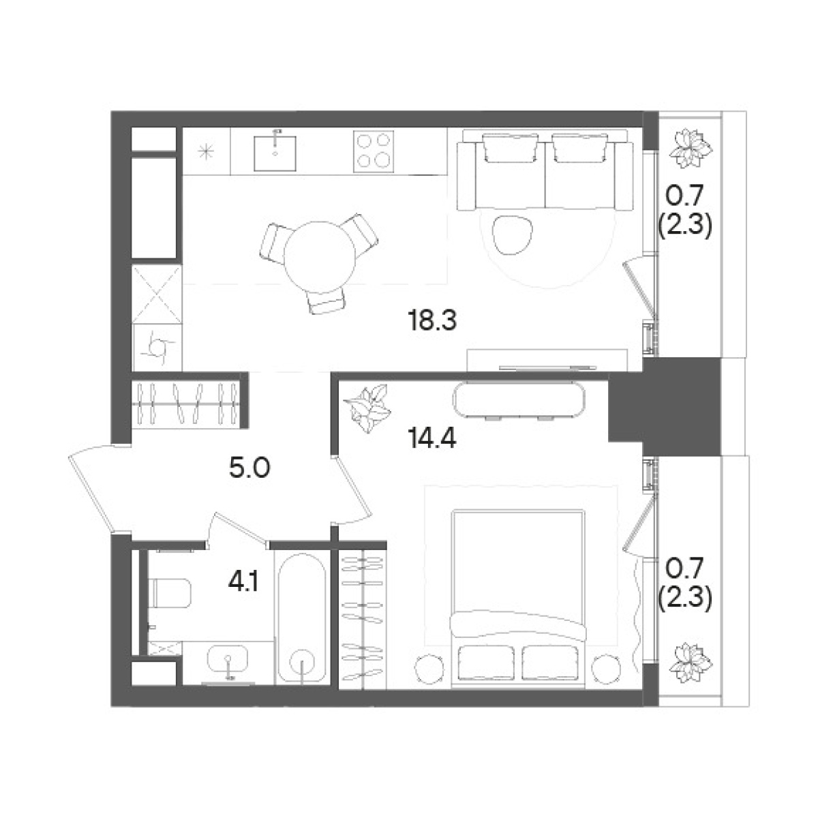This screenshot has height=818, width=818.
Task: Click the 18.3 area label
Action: [x=432, y=320]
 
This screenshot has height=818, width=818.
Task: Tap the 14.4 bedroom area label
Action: [x=431, y=438]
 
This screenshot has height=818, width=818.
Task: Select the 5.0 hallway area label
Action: [x=249, y=468]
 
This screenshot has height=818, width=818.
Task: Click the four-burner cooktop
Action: [x=374, y=151]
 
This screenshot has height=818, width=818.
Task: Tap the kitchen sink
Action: [x=275, y=152]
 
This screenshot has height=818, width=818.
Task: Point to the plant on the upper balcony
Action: [x=691, y=149]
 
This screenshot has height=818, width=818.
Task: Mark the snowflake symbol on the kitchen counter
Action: [x=207, y=151]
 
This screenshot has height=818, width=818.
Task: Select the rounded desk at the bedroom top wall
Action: [x=519, y=399]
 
